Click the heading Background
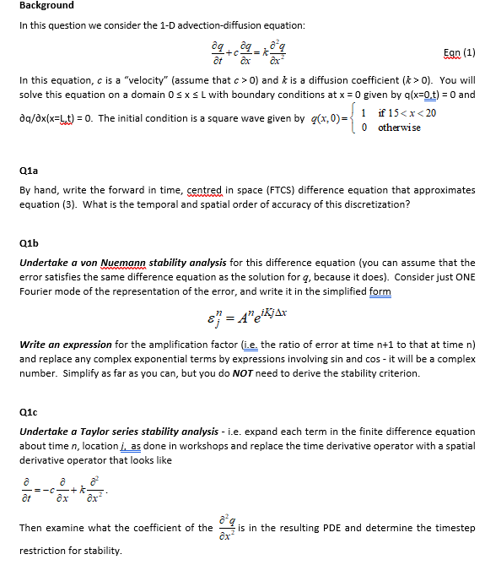click(x=46, y=6)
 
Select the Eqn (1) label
click(x=460, y=52)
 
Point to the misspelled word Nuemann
click(x=128, y=263)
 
